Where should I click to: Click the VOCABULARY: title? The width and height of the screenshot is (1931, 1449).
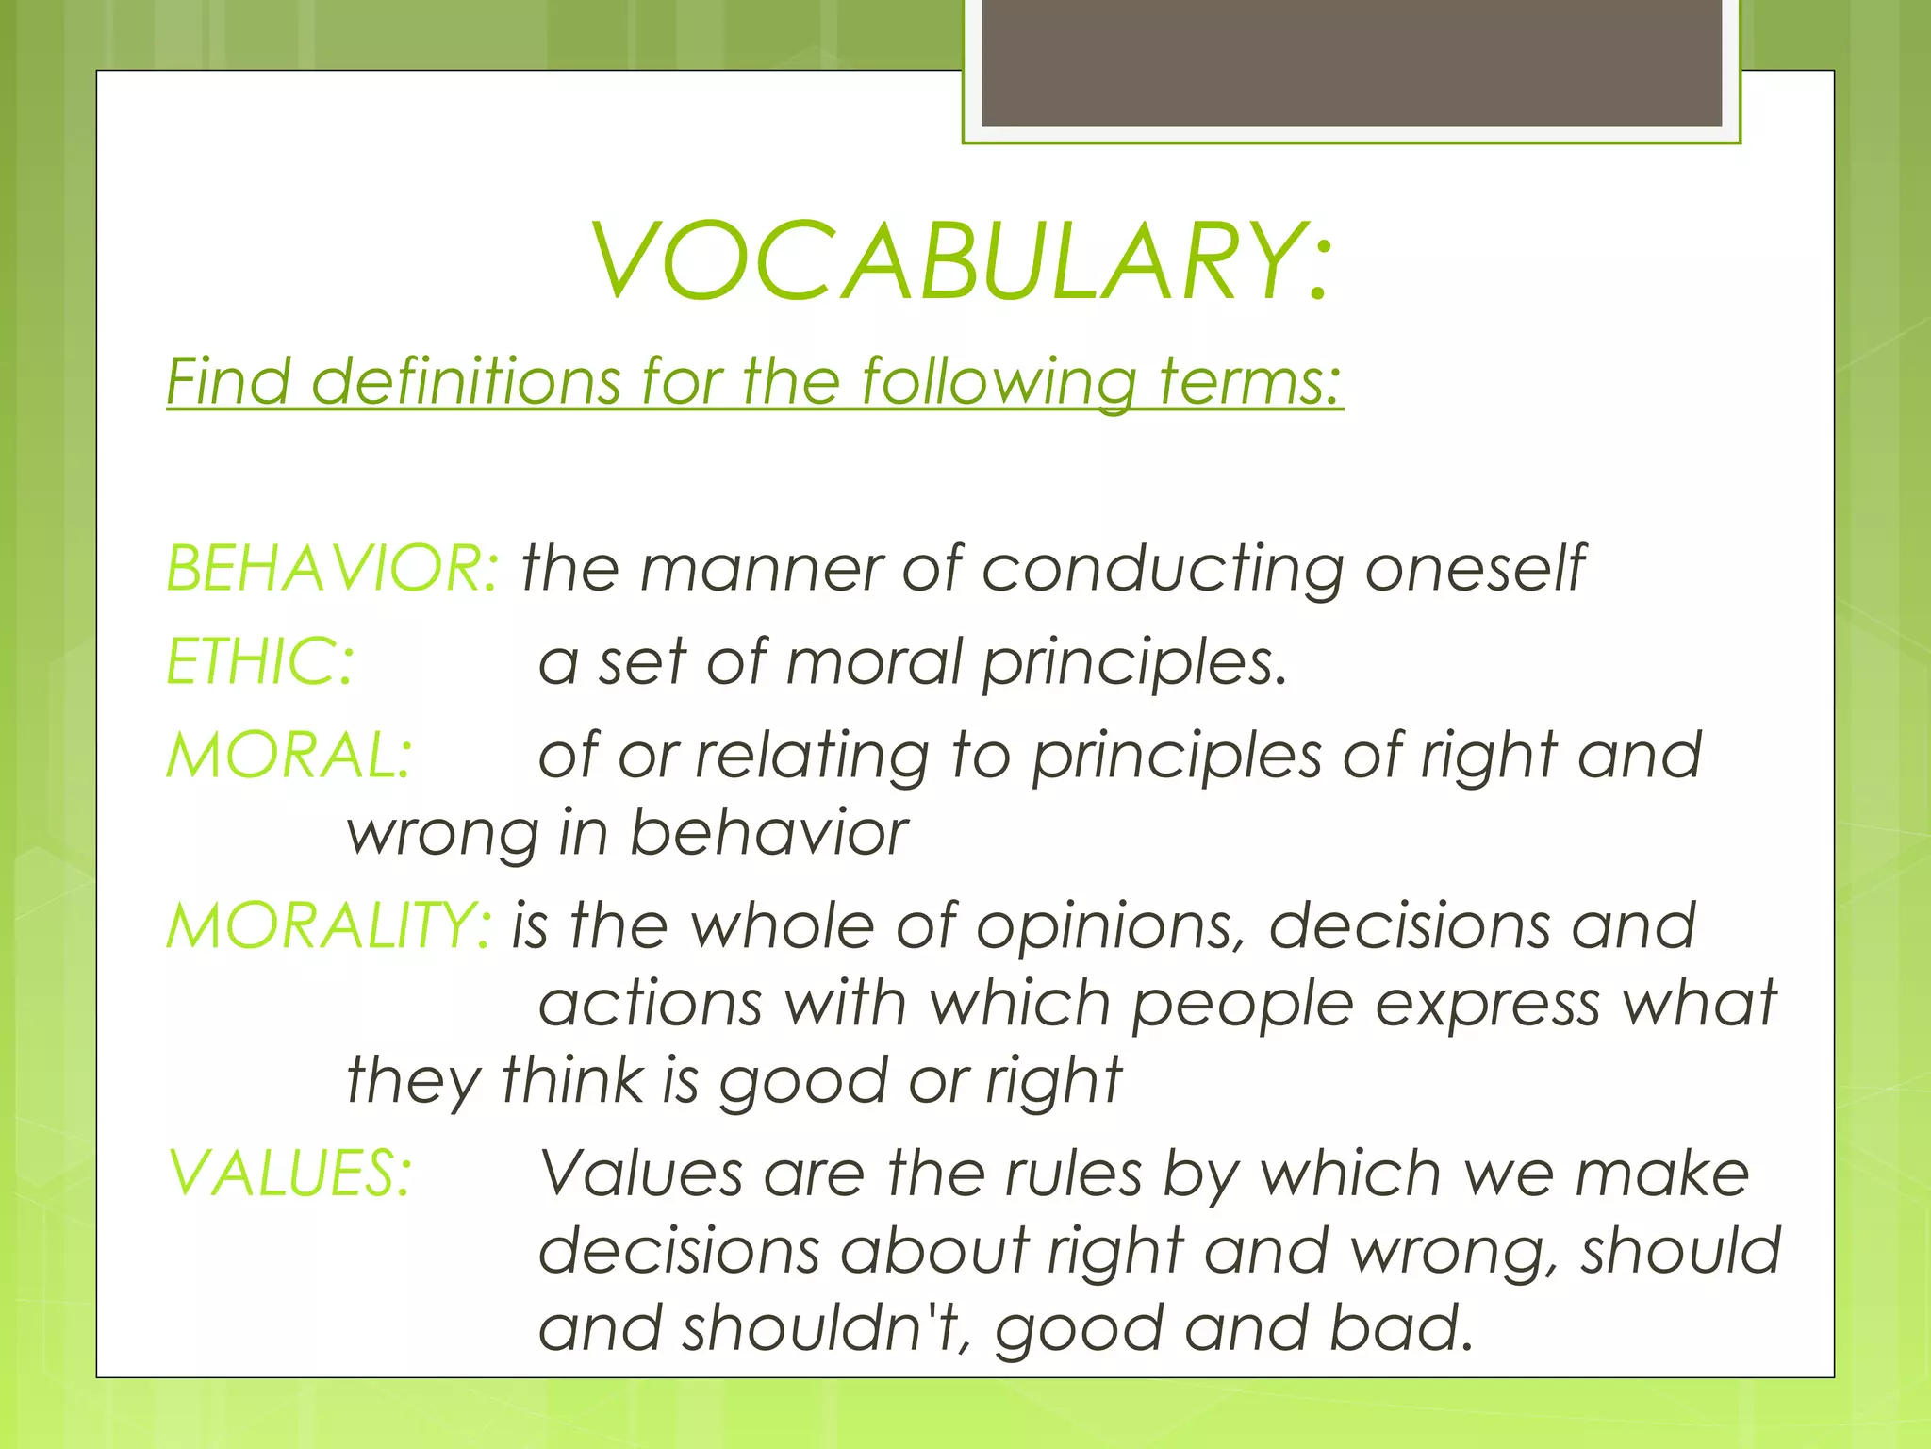(962, 261)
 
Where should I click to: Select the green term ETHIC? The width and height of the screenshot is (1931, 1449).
(260, 661)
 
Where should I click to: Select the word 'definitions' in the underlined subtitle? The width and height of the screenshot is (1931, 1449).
(465, 381)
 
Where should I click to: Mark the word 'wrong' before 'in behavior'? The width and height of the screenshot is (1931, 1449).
(442, 835)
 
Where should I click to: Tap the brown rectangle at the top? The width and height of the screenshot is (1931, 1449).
(1351, 62)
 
